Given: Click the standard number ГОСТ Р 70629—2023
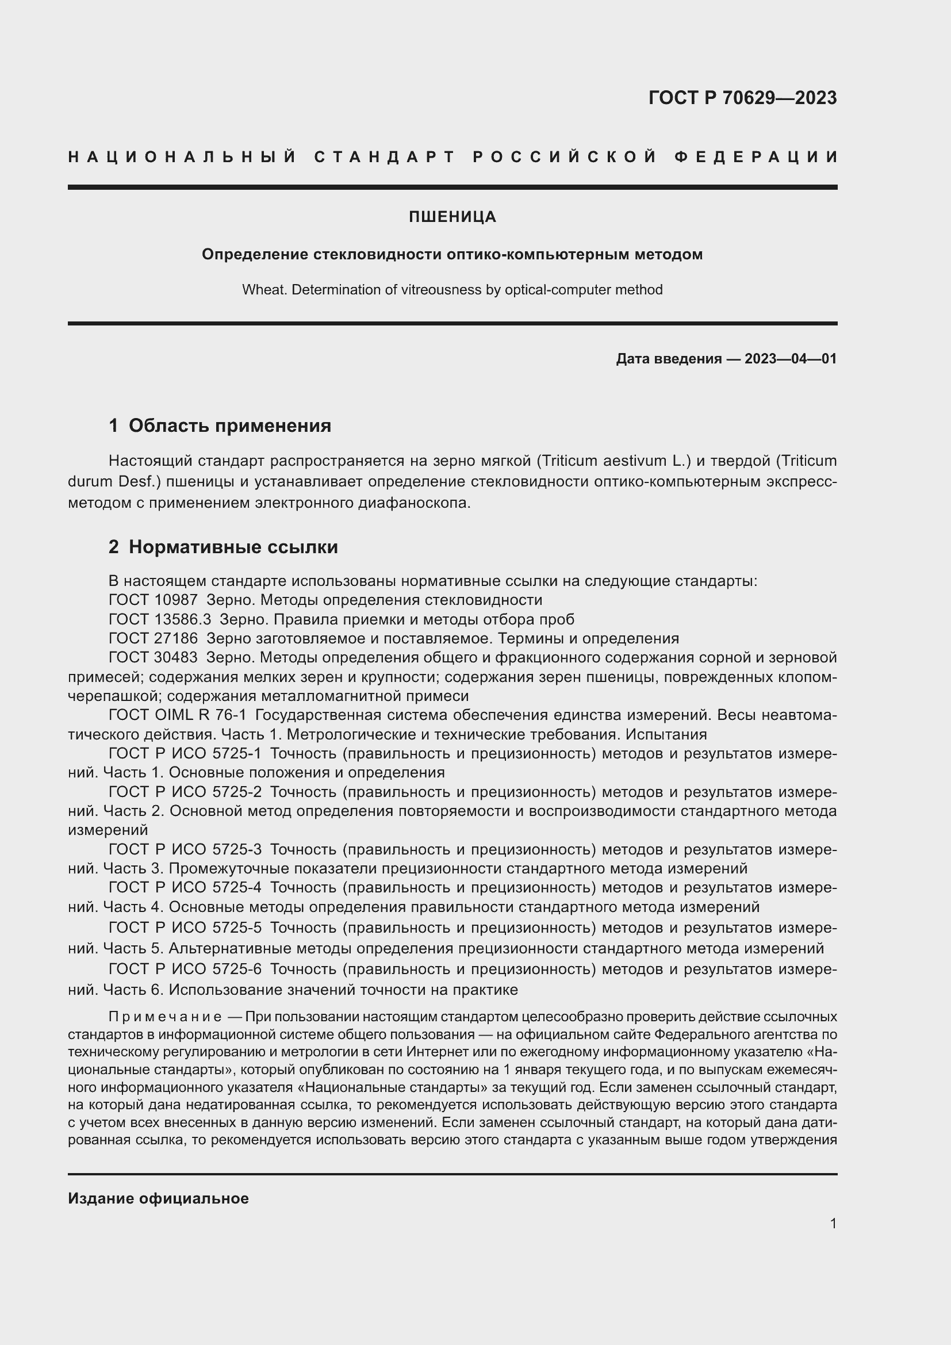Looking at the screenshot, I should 742,98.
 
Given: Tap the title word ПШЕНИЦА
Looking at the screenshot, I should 452,217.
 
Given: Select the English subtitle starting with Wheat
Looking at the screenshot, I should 452,290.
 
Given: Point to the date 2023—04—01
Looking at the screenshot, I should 791,358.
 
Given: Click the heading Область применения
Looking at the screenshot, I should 229,426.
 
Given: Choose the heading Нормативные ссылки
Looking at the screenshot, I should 233,546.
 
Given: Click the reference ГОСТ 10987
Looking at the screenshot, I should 154,600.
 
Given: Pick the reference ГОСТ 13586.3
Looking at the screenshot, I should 160,619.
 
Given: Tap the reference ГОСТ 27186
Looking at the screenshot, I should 154,638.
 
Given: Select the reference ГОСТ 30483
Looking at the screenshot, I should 154,657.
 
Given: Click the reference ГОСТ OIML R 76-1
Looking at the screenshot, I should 178,715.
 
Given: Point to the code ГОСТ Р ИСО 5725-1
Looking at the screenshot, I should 185,753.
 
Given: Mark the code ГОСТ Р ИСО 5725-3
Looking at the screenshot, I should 185,849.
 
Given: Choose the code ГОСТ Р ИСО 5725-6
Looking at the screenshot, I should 185,970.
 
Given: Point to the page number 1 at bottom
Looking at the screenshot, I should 833,1223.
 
